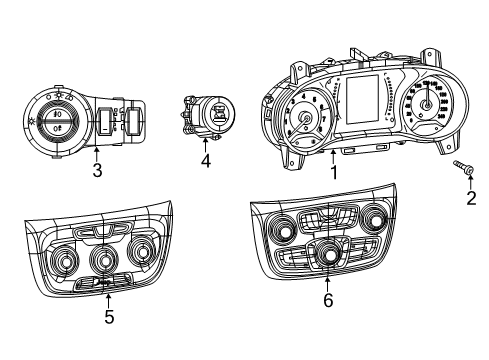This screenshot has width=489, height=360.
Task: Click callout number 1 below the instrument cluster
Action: coord(335,172)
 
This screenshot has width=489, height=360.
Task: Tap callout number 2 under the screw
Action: coord(469,199)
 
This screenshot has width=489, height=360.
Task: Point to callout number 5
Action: coord(109,317)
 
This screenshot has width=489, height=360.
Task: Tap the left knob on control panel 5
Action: coord(67,264)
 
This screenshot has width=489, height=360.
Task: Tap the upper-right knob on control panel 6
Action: coord(379,219)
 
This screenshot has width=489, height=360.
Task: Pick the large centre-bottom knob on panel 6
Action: coord(327,258)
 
